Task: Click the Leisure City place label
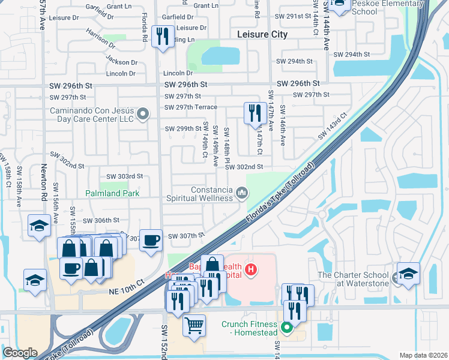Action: [262, 34]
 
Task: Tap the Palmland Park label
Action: [112, 193]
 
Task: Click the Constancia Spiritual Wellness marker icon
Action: [242, 192]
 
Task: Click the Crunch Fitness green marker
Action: [287, 328]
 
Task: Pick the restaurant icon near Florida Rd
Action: [163, 37]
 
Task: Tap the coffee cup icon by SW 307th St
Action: [151, 240]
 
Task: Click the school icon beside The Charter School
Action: [408, 274]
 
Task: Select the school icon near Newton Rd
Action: [39, 226]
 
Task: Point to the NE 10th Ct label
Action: [127, 286]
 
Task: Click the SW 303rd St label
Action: [125, 176]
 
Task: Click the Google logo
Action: [20, 353]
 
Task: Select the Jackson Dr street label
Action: [121, 61]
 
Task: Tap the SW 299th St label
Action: [183, 128]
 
